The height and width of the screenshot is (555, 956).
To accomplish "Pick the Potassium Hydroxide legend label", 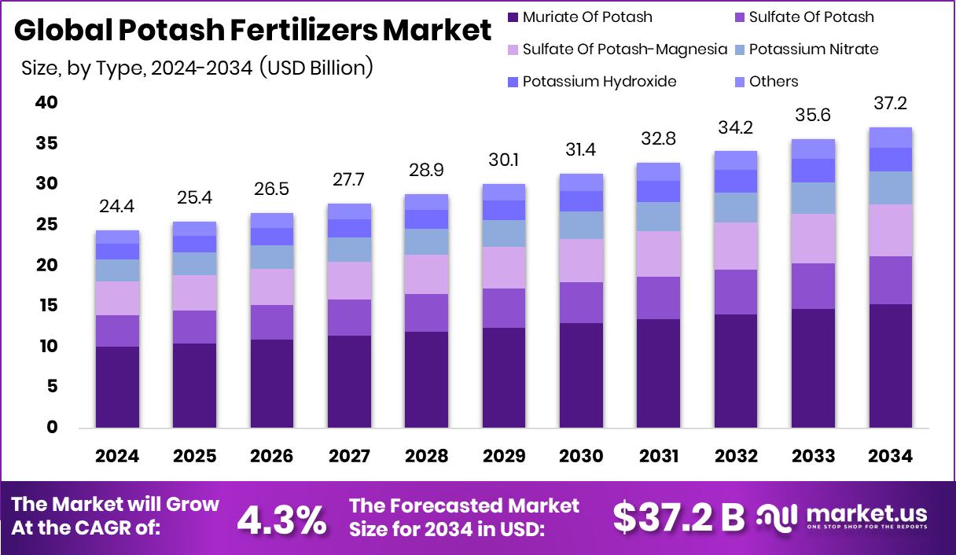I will click(599, 82).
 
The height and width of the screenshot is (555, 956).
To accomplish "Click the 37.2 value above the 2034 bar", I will click(891, 104).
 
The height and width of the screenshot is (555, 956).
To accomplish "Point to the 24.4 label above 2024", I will click(117, 207).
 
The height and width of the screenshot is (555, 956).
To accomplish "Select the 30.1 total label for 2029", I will click(503, 160).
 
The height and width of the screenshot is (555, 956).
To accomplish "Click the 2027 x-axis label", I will click(349, 457).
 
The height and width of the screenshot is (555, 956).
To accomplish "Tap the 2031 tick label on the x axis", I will click(658, 457).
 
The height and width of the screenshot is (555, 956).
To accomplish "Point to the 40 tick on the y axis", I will click(46, 103).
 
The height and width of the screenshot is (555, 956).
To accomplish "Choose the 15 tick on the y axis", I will click(46, 306).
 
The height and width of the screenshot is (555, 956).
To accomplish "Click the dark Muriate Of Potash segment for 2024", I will click(117, 387).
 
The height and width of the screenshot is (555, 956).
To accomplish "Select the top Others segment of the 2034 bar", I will click(891, 138).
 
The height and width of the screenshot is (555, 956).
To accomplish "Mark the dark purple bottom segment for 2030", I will click(581, 375).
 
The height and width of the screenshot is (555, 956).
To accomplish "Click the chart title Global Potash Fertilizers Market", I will click(252, 31).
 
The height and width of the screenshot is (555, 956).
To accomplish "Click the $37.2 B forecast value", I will click(678, 516).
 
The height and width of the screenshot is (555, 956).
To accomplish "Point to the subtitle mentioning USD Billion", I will click(197, 68).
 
